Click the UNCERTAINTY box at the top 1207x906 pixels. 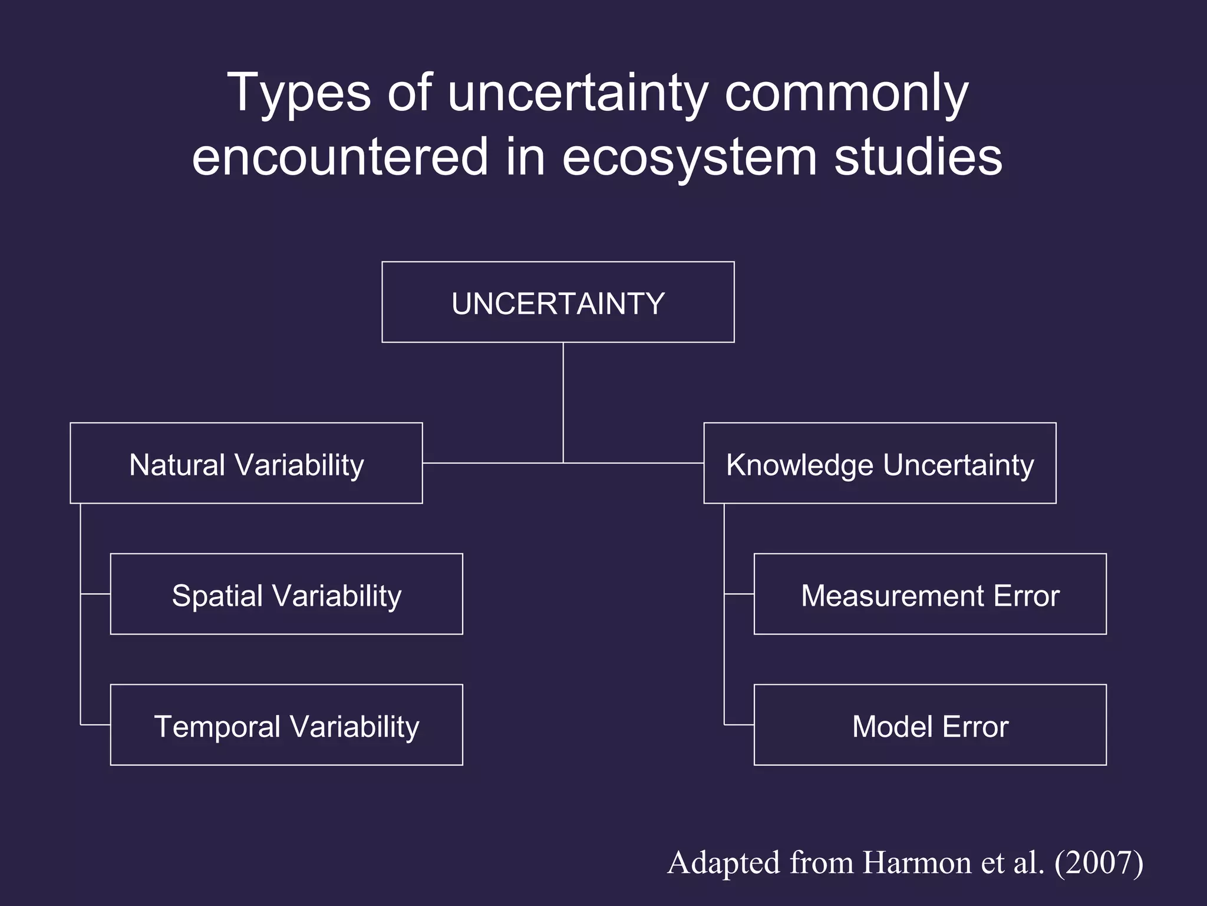click(x=558, y=302)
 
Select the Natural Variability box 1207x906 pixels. click(x=246, y=463)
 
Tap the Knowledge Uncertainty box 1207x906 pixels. click(x=879, y=463)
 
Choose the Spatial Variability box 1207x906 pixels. click(x=286, y=594)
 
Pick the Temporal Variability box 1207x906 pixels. click(x=286, y=725)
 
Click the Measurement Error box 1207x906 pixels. click(x=930, y=594)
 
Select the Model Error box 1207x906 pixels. click(x=930, y=725)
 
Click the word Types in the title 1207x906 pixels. click(x=301, y=93)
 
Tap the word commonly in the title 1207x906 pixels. click(x=846, y=93)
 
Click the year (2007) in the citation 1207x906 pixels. click(x=1099, y=862)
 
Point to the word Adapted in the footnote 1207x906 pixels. click(x=724, y=862)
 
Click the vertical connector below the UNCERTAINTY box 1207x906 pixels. click(x=563, y=401)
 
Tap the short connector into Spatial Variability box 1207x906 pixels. click(x=95, y=594)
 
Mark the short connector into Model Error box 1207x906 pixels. click(x=739, y=724)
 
